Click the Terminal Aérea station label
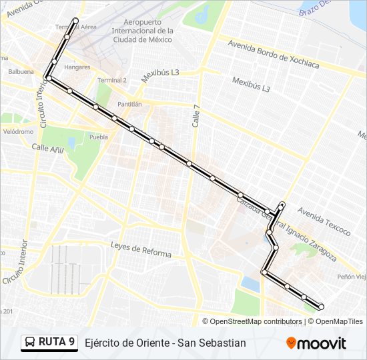pyautogui.click(x=75, y=27)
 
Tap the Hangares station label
pyautogui.click(x=77, y=67)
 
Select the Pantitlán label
pyautogui.click(x=129, y=105)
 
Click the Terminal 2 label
pyautogui.click(x=112, y=80)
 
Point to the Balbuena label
pyautogui.click(x=20, y=71)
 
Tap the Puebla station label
pyautogui.click(x=98, y=137)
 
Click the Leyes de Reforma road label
pyautogui.click(x=141, y=250)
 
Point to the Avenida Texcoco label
pyautogui.click(x=324, y=221)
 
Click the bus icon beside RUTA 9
pyautogui.click(x=30, y=343)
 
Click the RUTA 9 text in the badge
pyautogui.click(x=56, y=342)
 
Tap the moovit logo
pyautogui.click(x=316, y=343)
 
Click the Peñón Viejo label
pyautogui.click(x=352, y=277)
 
